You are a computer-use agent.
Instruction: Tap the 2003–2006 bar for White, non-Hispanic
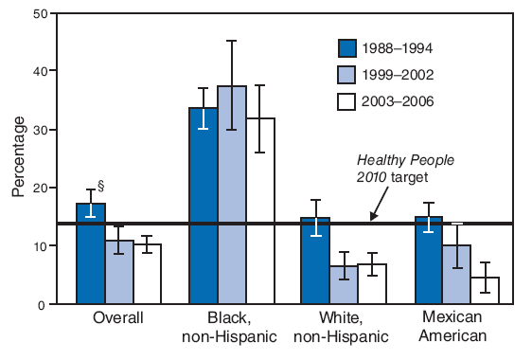click(373, 284)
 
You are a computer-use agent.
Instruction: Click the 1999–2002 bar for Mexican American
click(457, 275)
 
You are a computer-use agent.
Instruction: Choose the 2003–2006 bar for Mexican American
click(486, 291)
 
